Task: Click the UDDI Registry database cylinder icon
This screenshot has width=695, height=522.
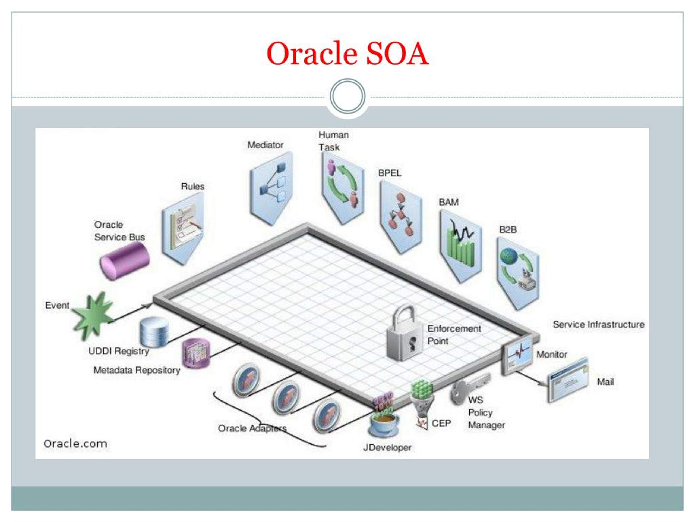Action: click(154, 332)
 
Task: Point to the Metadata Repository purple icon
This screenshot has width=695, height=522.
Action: click(196, 353)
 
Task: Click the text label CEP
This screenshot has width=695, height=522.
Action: click(441, 424)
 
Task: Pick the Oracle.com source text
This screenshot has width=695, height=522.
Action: click(75, 444)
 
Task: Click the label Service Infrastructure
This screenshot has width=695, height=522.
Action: click(599, 324)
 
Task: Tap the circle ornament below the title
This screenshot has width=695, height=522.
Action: click(347, 96)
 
